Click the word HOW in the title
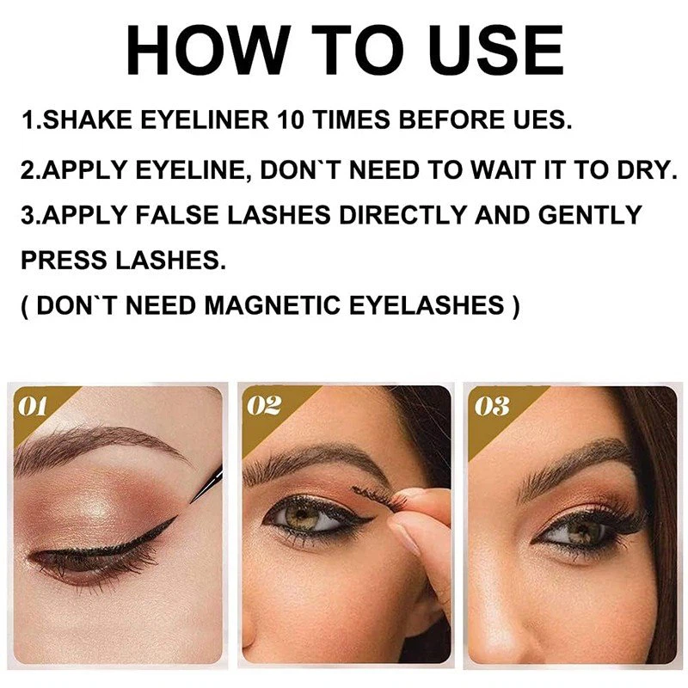[208, 51]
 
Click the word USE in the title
[496, 51]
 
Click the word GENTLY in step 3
[589, 215]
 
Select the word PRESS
[64, 260]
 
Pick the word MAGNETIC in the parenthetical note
[272, 305]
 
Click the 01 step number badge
[33, 407]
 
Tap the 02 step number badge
[264, 406]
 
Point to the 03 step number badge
[492, 406]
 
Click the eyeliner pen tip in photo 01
[192, 500]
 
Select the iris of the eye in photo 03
[580, 533]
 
